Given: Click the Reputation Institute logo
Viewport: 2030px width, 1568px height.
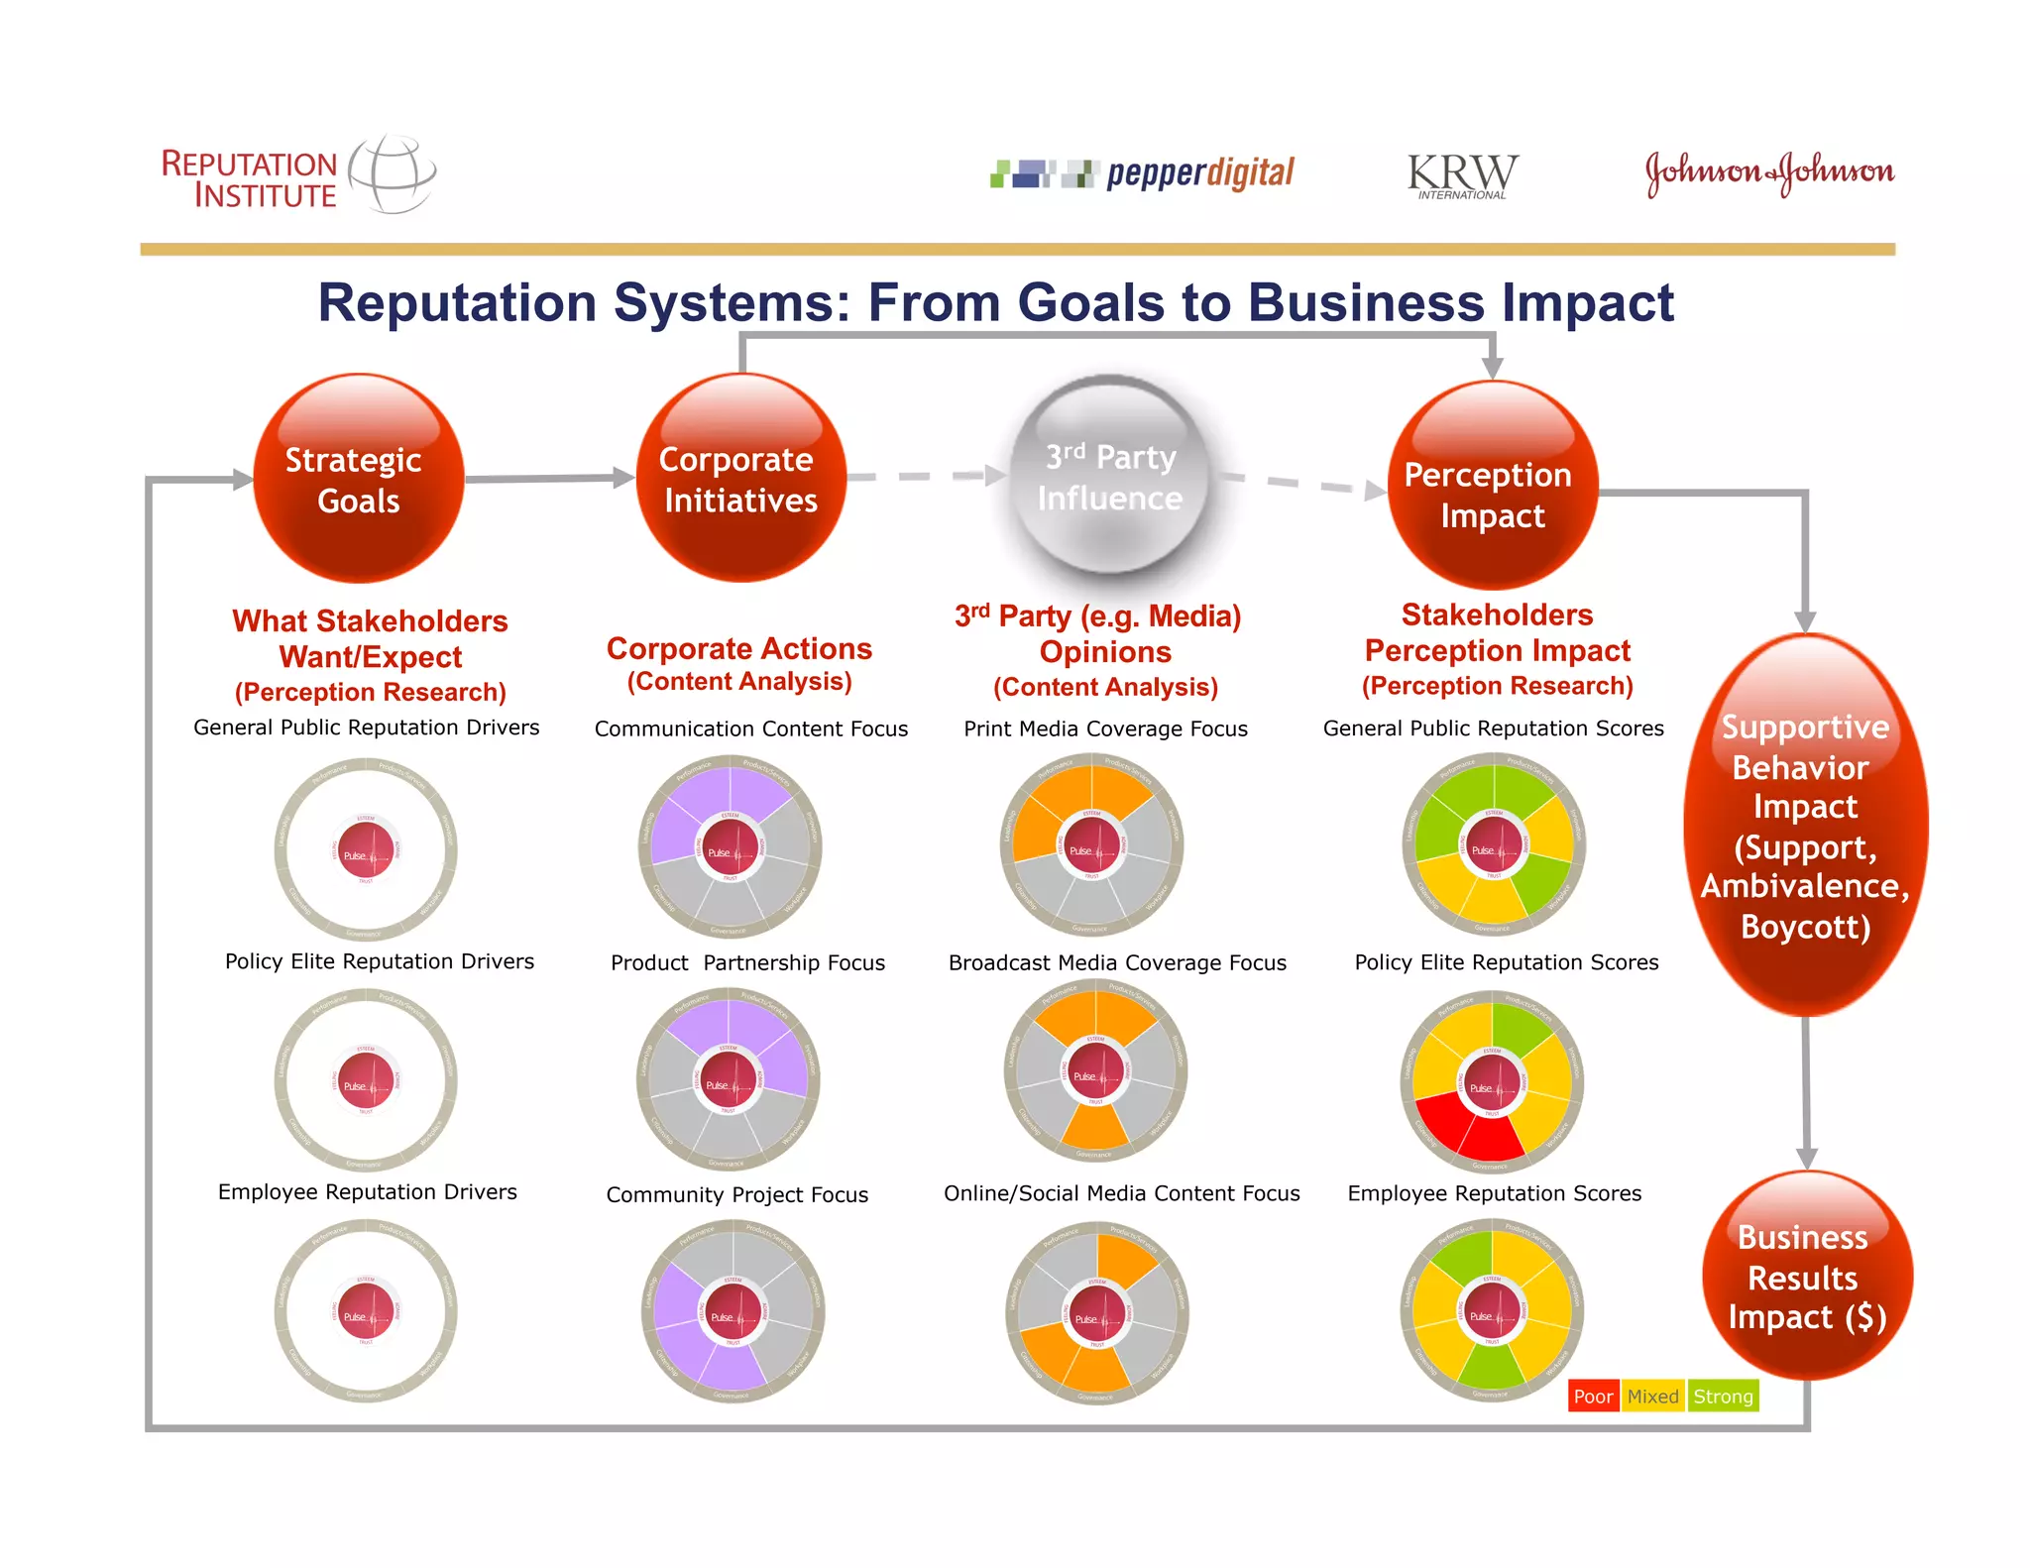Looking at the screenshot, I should point(297,176).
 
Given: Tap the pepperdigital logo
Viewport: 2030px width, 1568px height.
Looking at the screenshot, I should point(1143,174).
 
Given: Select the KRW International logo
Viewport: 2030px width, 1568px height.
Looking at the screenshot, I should point(1462,175).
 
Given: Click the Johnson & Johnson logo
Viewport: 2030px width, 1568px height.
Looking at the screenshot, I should point(1769,173).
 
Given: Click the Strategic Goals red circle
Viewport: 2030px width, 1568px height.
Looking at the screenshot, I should point(358,479).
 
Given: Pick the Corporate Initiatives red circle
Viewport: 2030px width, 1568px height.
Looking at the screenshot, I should point(740,479).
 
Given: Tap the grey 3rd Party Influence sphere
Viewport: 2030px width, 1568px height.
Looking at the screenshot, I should point(1110,477).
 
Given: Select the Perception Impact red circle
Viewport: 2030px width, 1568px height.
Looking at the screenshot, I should point(1492,487).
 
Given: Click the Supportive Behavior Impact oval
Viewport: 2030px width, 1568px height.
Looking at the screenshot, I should point(1805,826).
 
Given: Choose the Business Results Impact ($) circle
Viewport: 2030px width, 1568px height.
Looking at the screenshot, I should point(1806,1276).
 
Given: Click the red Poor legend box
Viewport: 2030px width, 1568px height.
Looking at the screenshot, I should point(1593,1397).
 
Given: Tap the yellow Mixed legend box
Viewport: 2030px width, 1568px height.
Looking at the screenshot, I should point(1652,1397).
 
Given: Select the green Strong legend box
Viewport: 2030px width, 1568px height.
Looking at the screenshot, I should point(1723,1397).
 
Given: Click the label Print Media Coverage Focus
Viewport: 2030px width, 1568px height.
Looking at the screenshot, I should point(1105,728).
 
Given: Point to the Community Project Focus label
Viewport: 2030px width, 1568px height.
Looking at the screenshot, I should point(736,1194).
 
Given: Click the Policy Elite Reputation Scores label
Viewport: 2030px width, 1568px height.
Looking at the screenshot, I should point(1506,962).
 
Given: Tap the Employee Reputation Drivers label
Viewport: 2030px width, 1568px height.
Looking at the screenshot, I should point(367,1191).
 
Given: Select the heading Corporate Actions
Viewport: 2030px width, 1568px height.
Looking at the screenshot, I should point(738,648).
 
